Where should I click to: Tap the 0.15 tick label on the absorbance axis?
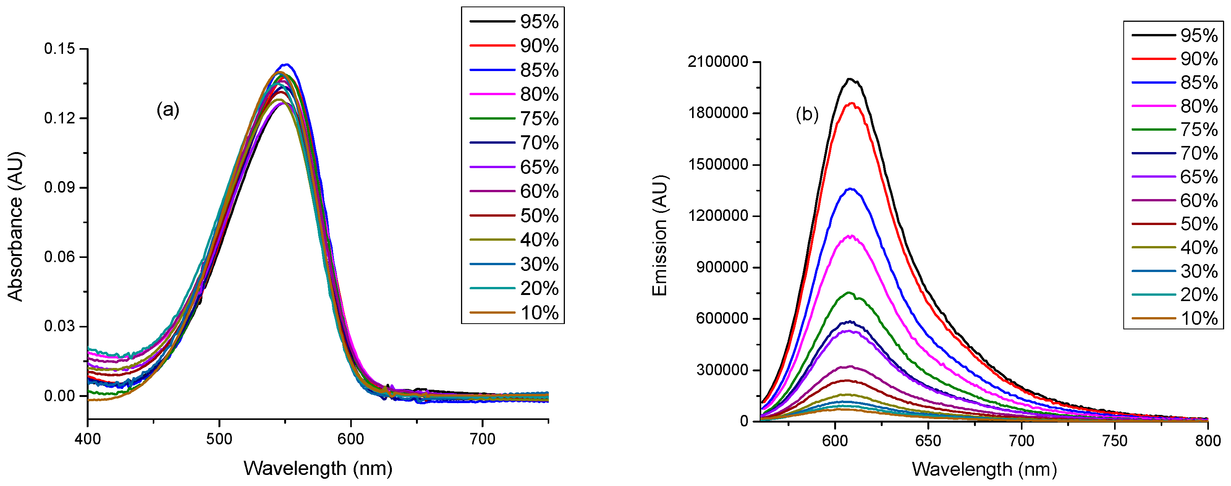60,49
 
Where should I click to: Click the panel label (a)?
168,110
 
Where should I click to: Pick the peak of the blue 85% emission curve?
850,189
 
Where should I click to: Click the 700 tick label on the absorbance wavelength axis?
482,439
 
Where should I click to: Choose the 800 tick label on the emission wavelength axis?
1208,440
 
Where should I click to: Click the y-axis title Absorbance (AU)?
15,227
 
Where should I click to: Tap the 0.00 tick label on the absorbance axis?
60,396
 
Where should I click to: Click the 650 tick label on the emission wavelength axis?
928,440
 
